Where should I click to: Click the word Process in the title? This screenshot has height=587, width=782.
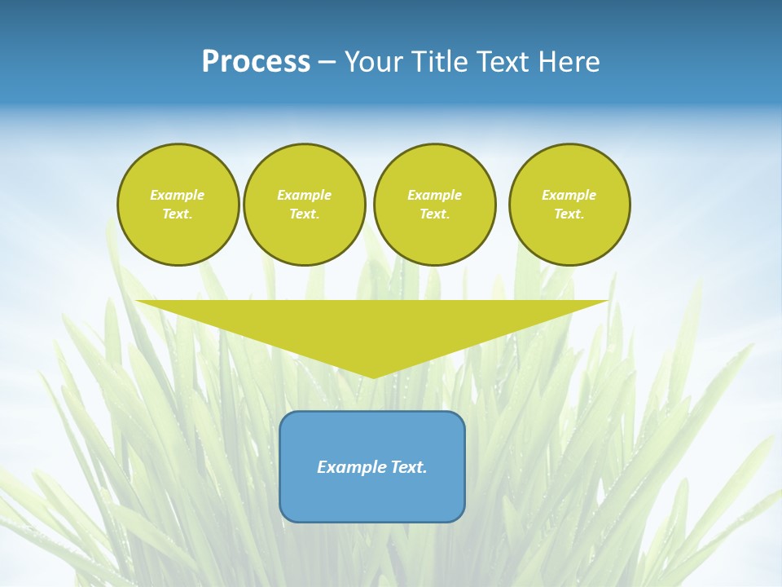(256, 62)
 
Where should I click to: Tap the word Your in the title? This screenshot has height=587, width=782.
(374, 62)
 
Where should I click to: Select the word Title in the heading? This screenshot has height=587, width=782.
(441, 62)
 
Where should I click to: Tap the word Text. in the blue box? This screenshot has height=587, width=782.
(407, 467)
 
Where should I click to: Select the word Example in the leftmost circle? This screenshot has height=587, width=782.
(178, 195)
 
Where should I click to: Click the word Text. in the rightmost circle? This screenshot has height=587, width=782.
(569, 214)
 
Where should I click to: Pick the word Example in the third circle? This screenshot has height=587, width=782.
(434, 195)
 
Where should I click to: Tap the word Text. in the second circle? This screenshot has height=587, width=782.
(304, 214)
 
